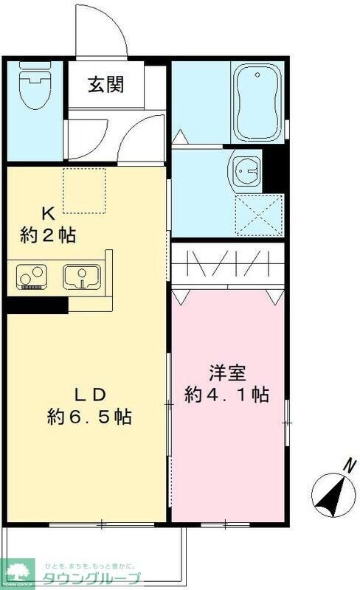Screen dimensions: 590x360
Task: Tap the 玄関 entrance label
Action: tap(106, 84)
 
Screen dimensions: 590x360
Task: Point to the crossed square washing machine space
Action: tap(259, 215)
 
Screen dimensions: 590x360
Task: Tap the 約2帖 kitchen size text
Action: tap(48, 236)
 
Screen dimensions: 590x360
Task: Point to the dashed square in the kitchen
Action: tap(85, 190)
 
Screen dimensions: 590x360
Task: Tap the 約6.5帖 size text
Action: tap(89, 417)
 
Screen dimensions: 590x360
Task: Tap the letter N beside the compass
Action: tap(349, 467)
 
